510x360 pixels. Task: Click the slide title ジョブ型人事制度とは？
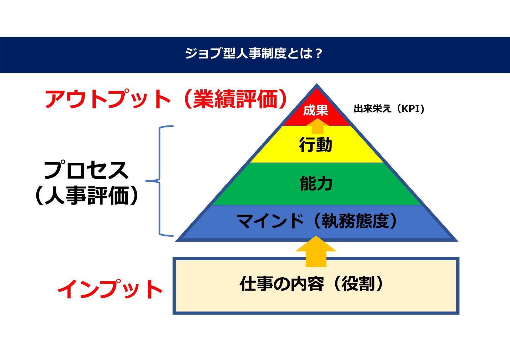253,53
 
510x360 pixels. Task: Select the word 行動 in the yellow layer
316,145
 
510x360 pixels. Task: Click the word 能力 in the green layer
316,183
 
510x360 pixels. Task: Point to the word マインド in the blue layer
270,221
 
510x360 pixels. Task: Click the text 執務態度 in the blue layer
355,221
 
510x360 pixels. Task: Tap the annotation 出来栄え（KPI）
389,109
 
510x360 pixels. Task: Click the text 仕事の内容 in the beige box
282,284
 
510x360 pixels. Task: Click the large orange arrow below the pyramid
316,251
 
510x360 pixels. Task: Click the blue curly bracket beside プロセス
159,181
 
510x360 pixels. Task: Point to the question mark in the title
318,54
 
